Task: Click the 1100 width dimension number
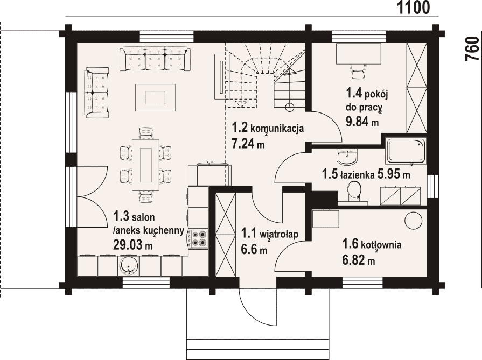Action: [414, 8]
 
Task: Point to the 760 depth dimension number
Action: [472, 49]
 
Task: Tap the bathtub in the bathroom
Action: [406, 151]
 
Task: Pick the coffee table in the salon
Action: [156, 98]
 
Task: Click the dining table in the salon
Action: [146, 165]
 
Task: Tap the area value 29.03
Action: [129, 245]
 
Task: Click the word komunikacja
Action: [277, 128]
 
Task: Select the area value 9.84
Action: [357, 122]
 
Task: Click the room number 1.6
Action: [350, 244]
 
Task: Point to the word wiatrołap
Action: [279, 234]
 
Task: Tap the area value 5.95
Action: [388, 174]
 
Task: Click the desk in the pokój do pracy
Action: [359, 54]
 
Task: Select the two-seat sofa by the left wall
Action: [96, 93]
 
